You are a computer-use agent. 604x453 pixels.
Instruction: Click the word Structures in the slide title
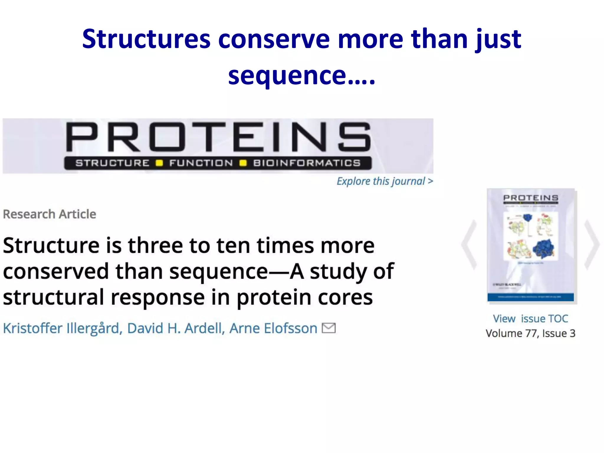click(x=146, y=39)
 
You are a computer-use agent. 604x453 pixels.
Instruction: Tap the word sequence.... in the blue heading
click(x=301, y=75)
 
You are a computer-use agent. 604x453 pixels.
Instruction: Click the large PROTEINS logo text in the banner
click(x=218, y=137)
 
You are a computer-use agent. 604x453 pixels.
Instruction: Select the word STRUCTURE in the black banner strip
click(x=112, y=163)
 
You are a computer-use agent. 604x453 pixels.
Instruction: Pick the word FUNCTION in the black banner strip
click(x=201, y=163)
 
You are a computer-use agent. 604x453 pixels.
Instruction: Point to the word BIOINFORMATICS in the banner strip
click(x=307, y=163)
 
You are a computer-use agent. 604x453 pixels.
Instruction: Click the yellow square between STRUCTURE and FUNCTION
click(x=159, y=163)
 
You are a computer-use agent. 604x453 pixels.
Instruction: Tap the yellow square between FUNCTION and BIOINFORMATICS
click(x=243, y=163)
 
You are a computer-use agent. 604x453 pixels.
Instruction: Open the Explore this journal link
click(x=385, y=181)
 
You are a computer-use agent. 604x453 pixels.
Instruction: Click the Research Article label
click(x=50, y=214)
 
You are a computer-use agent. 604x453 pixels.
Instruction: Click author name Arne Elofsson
click(x=273, y=328)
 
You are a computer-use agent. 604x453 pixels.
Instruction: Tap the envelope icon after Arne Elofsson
click(x=329, y=328)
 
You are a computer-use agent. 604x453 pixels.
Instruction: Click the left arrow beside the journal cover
click(x=470, y=245)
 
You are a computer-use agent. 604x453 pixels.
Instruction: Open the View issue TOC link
click(x=530, y=319)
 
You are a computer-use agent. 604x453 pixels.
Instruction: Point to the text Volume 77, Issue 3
click(x=530, y=333)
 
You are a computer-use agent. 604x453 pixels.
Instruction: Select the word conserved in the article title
click(x=56, y=272)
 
